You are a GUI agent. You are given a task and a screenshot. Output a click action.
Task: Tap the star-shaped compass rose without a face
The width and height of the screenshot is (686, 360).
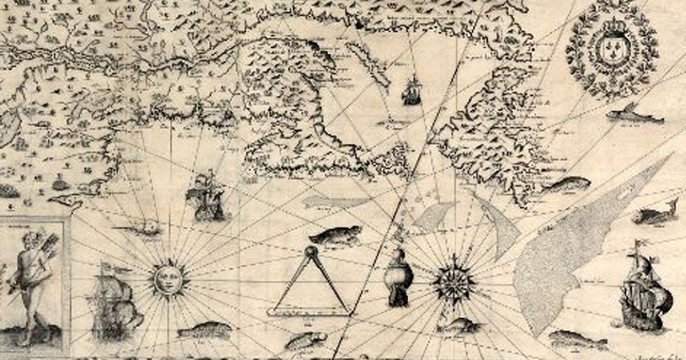click(454, 281)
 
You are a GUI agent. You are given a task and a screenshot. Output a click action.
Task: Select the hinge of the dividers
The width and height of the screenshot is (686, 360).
click(311, 251)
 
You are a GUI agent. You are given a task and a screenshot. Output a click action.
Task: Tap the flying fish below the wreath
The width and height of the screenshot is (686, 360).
click(635, 115)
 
